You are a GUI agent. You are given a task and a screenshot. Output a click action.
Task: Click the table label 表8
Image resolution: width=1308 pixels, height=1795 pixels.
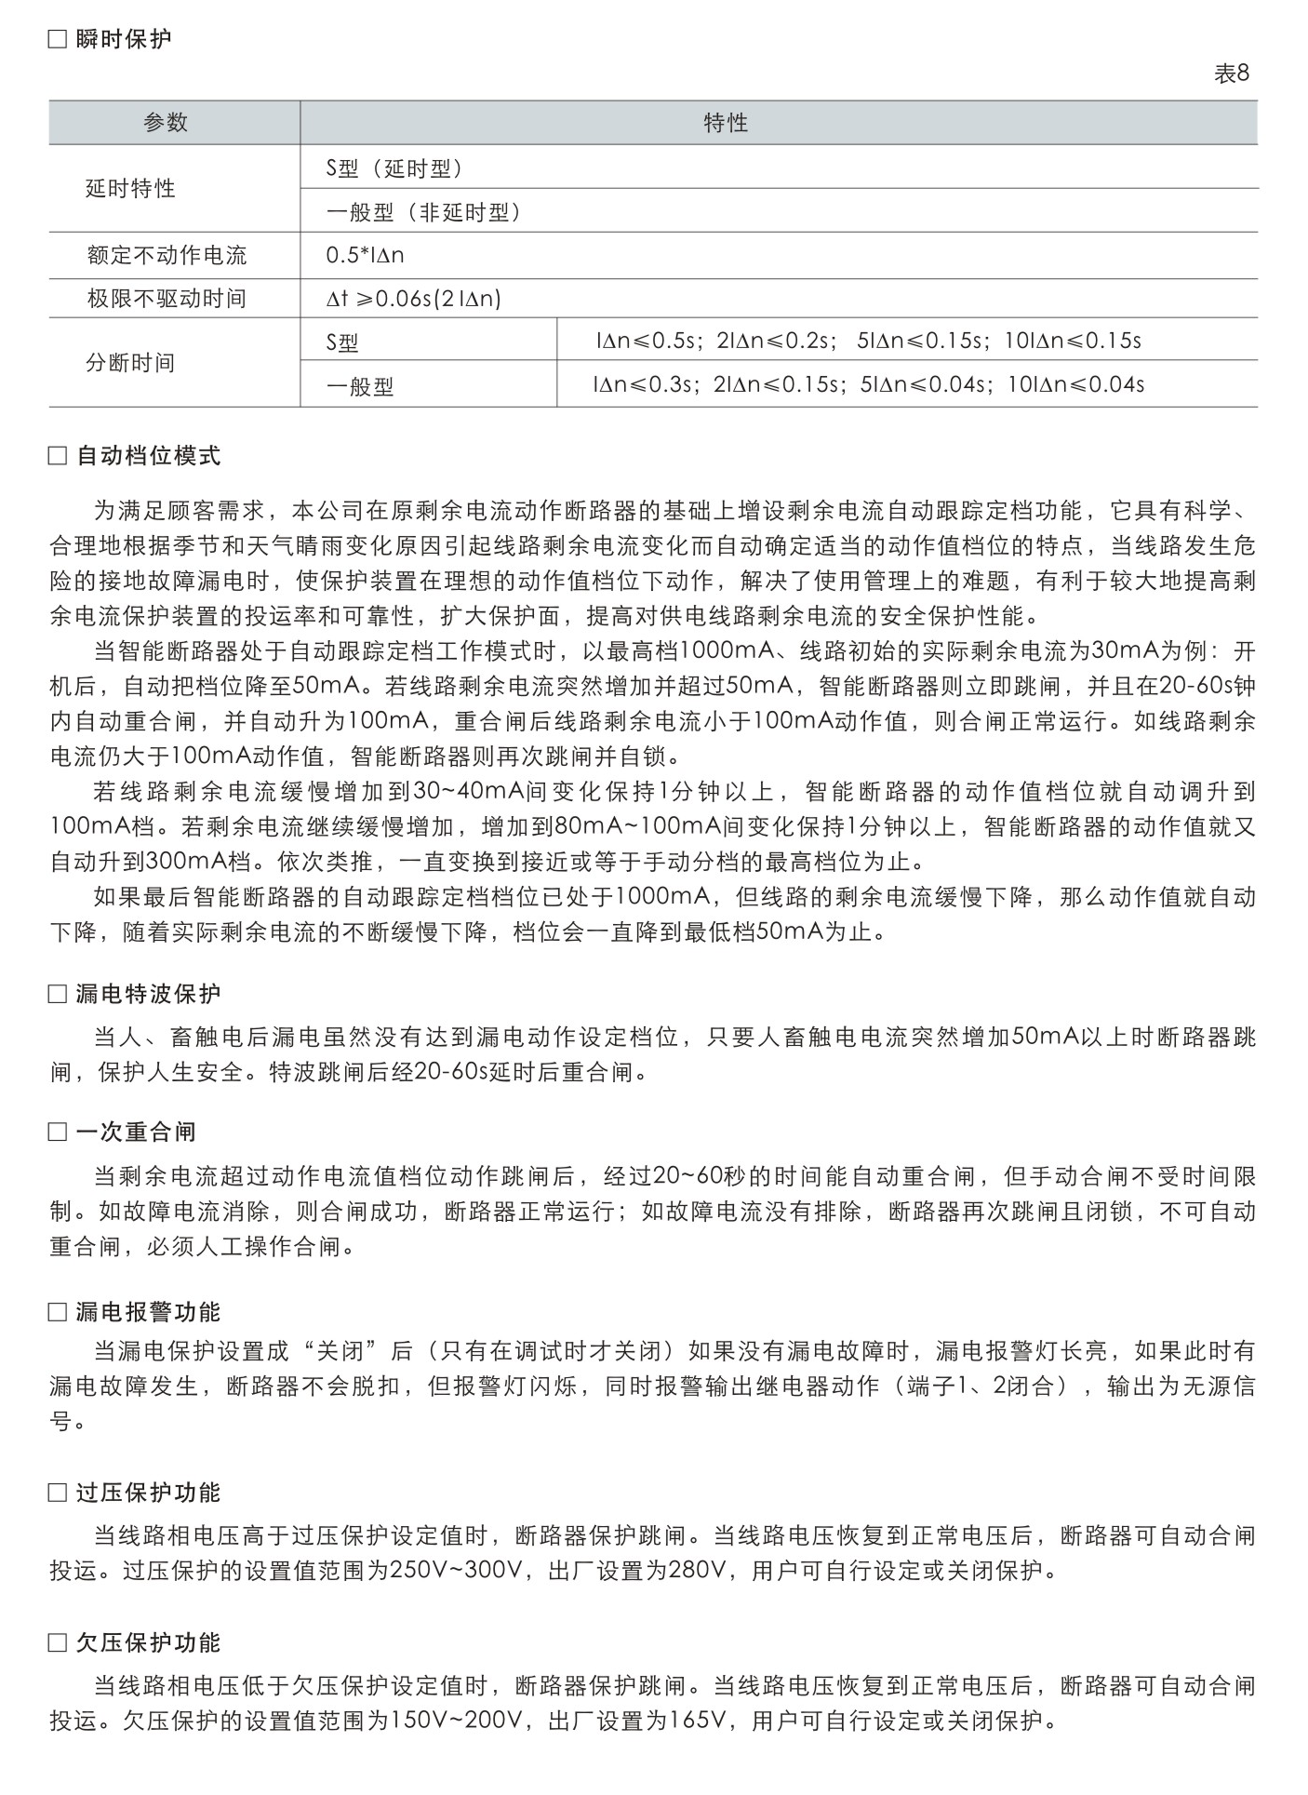pos(1230,74)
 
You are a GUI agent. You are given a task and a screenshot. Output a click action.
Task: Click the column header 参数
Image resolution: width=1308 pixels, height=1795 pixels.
pos(166,123)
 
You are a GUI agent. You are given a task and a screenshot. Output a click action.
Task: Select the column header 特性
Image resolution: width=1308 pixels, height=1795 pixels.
pos(726,123)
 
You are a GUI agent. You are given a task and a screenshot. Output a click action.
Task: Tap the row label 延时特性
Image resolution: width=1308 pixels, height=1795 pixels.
pos(130,189)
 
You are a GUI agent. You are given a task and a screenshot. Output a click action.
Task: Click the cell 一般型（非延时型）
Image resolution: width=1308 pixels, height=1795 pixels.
pos(423,212)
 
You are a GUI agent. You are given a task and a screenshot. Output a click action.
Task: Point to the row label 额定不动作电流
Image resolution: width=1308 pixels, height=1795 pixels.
pos(167,255)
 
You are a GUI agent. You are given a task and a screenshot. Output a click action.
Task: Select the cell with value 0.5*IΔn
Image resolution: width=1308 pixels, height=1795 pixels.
pos(365,255)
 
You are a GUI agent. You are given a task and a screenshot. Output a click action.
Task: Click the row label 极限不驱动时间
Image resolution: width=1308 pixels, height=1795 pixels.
pos(167,299)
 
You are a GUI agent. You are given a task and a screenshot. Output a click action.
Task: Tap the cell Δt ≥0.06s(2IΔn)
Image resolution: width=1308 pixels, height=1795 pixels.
pos(414,299)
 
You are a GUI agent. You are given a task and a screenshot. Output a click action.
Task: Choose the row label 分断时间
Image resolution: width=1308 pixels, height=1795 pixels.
pos(130,363)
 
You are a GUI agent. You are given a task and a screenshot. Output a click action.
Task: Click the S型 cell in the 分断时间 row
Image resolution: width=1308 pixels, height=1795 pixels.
pos(342,342)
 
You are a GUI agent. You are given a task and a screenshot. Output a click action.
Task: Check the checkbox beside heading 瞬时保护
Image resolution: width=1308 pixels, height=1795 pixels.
pos(58,40)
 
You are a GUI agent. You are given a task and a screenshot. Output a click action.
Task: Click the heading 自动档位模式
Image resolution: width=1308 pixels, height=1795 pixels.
pos(148,456)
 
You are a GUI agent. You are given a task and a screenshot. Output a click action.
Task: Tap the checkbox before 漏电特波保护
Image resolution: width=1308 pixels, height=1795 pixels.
pos(58,995)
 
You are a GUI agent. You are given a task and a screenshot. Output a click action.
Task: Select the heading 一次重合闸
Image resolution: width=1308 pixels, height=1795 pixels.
pos(136,1132)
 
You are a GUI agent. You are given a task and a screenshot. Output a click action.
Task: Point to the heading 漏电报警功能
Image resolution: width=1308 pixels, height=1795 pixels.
pos(148,1312)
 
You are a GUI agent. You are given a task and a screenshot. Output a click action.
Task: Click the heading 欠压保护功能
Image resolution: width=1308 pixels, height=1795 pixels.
pos(148,1642)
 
